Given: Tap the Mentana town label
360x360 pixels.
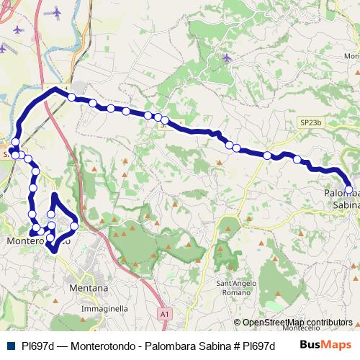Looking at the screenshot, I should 89,288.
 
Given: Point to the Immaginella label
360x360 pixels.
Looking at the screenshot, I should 104,308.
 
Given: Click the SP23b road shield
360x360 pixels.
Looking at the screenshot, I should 310,123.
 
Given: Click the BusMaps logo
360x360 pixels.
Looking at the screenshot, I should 325,344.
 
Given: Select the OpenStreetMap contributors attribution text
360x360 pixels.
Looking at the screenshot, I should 297,323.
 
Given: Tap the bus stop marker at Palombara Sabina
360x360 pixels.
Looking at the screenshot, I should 349,190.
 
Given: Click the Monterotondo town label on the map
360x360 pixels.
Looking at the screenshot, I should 39,241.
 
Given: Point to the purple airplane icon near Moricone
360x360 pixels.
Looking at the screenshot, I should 227,58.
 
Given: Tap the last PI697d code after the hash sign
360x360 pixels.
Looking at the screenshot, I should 259,345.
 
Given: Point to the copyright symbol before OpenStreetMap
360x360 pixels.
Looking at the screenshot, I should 237,323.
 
